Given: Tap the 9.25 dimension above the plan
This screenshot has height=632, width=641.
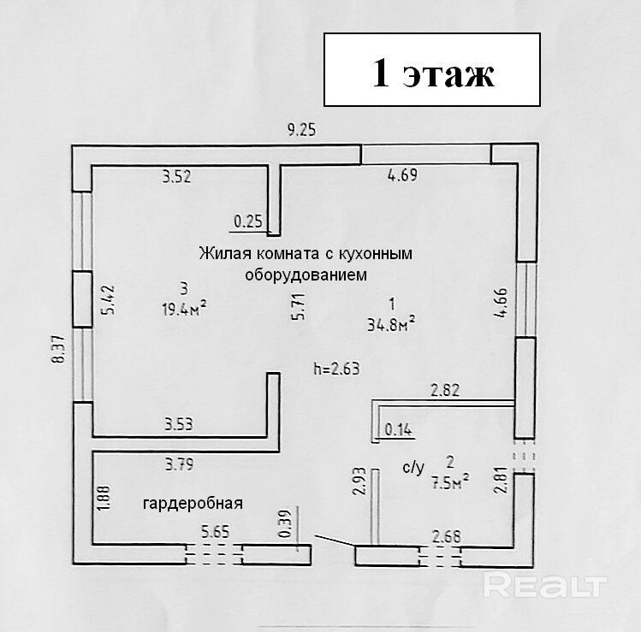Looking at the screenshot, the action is tap(301, 131).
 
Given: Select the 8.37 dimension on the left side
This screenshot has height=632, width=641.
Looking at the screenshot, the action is tap(57, 351).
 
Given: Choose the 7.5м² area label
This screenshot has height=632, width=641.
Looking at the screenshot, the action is tap(451, 479).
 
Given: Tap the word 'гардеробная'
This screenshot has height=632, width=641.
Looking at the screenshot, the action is tap(193, 503).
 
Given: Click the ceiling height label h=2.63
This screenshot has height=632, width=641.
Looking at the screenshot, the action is tap(336, 369).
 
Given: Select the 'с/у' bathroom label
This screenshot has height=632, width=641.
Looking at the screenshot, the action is tap(413, 467).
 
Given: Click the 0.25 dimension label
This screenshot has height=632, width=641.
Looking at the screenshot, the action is tap(248, 221).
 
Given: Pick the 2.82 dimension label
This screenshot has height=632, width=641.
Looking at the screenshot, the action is tap(447, 392).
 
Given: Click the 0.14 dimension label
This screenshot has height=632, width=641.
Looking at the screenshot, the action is tap(399, 430).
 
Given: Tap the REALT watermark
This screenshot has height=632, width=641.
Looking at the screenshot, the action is tap(545, 586).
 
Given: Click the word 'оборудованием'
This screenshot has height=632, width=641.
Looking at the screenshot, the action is tap(306, 275).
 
